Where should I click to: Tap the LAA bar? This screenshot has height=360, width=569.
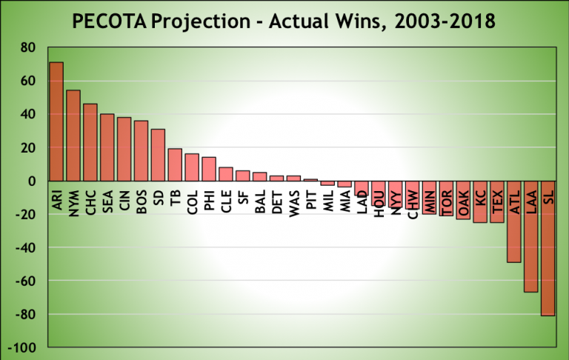[530, 236]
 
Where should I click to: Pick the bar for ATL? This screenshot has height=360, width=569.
[514, 221]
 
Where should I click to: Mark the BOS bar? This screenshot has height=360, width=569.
[141, 151]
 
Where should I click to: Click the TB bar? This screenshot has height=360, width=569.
[175, 165]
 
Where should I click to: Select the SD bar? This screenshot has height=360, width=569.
[158, 155]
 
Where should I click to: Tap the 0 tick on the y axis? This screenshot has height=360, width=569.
[31, 181]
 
